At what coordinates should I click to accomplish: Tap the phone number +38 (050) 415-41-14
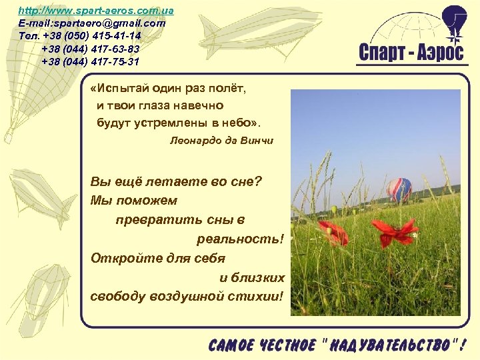91,35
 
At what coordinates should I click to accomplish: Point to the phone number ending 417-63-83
91,49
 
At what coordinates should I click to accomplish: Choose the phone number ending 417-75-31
91,61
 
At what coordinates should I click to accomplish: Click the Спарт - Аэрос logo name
411,53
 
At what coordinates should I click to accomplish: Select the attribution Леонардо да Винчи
222,141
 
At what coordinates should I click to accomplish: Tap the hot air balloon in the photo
399,190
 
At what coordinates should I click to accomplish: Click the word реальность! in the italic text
240,239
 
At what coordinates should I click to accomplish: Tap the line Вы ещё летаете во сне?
176,181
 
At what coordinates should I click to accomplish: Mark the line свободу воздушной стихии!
187,296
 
